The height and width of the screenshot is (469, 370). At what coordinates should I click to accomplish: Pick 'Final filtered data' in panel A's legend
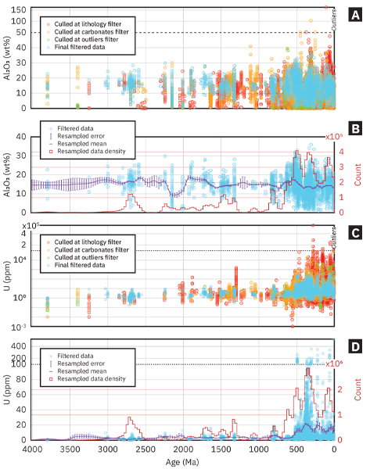79,49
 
